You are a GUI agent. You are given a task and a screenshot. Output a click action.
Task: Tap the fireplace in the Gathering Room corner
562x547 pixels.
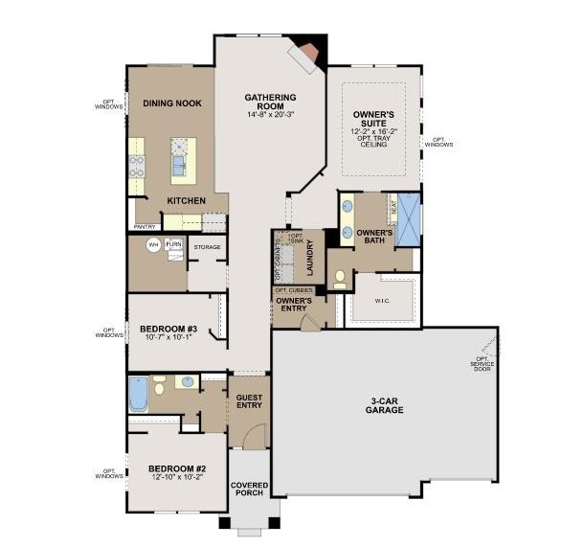308,57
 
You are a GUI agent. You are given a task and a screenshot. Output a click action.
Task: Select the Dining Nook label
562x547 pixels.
171,103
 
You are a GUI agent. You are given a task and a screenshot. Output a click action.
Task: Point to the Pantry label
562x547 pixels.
145,227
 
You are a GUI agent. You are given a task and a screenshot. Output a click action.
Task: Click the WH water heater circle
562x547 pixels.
151,245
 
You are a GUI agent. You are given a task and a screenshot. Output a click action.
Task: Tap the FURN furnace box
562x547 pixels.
173,245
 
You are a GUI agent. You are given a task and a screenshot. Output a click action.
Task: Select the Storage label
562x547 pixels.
207,247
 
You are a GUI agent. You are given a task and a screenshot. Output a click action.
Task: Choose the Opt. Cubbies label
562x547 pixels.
294,289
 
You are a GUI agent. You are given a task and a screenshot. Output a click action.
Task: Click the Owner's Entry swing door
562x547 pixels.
308,322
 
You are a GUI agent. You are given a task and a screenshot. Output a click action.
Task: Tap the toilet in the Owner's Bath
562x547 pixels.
340,279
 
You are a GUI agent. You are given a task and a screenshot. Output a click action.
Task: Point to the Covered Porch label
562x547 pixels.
249,490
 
